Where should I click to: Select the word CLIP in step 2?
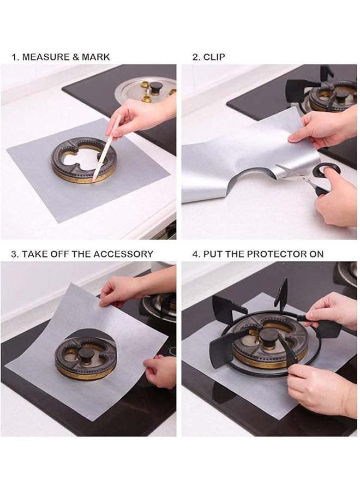tap(214, 57)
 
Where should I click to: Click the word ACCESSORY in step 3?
tap(123, 254)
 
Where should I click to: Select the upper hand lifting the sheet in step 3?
tap(123, 289)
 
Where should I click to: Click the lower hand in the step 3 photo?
tap(161, 371)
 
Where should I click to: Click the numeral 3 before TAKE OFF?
tap(15, 254)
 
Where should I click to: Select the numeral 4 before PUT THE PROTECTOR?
tap(197, 254)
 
